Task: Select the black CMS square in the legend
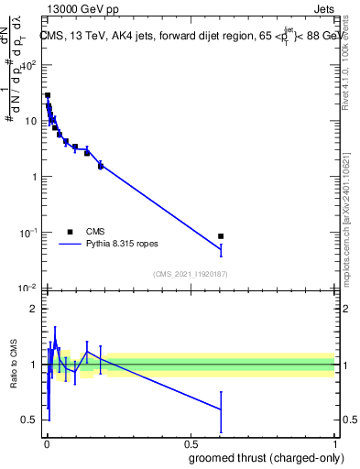pos(70,232)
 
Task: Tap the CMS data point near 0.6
pos(221,236)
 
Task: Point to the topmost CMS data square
pos(48,95)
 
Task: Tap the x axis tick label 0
pos(47,442)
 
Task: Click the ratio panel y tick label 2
pos(35,309)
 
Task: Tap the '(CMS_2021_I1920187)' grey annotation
pos(191,274)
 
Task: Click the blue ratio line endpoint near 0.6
pos(221,409)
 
